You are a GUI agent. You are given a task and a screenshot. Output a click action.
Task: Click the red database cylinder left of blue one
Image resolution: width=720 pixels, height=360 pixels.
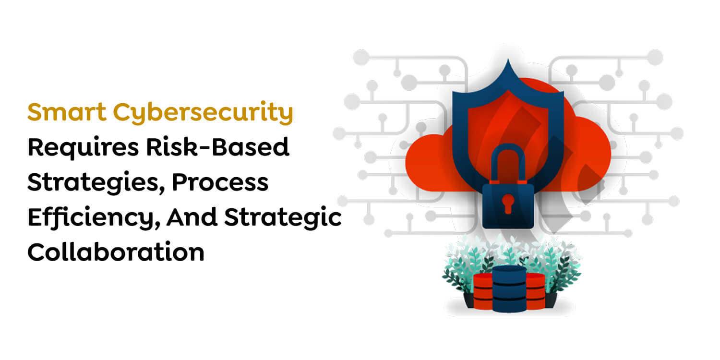point(483,291)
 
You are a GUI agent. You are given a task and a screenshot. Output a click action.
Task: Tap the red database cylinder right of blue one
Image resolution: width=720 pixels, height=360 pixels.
point(535,291)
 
